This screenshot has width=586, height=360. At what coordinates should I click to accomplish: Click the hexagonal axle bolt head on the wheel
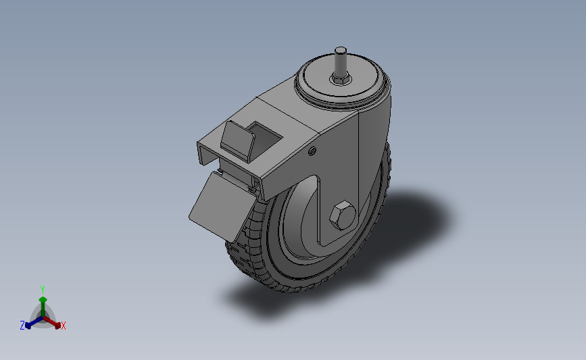point(342,216)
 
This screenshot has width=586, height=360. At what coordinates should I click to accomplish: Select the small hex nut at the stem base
point(339,80)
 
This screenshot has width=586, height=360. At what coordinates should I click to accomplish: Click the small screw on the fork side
point(312,151)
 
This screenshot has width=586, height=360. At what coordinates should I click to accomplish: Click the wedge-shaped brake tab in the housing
point(237,138)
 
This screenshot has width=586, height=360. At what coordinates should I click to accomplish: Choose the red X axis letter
point(64,326)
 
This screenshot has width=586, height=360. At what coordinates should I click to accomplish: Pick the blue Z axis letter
point(22,326)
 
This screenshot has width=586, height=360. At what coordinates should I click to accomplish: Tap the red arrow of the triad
point(54,321)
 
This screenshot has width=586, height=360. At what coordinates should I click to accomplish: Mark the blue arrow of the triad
point(31,322)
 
